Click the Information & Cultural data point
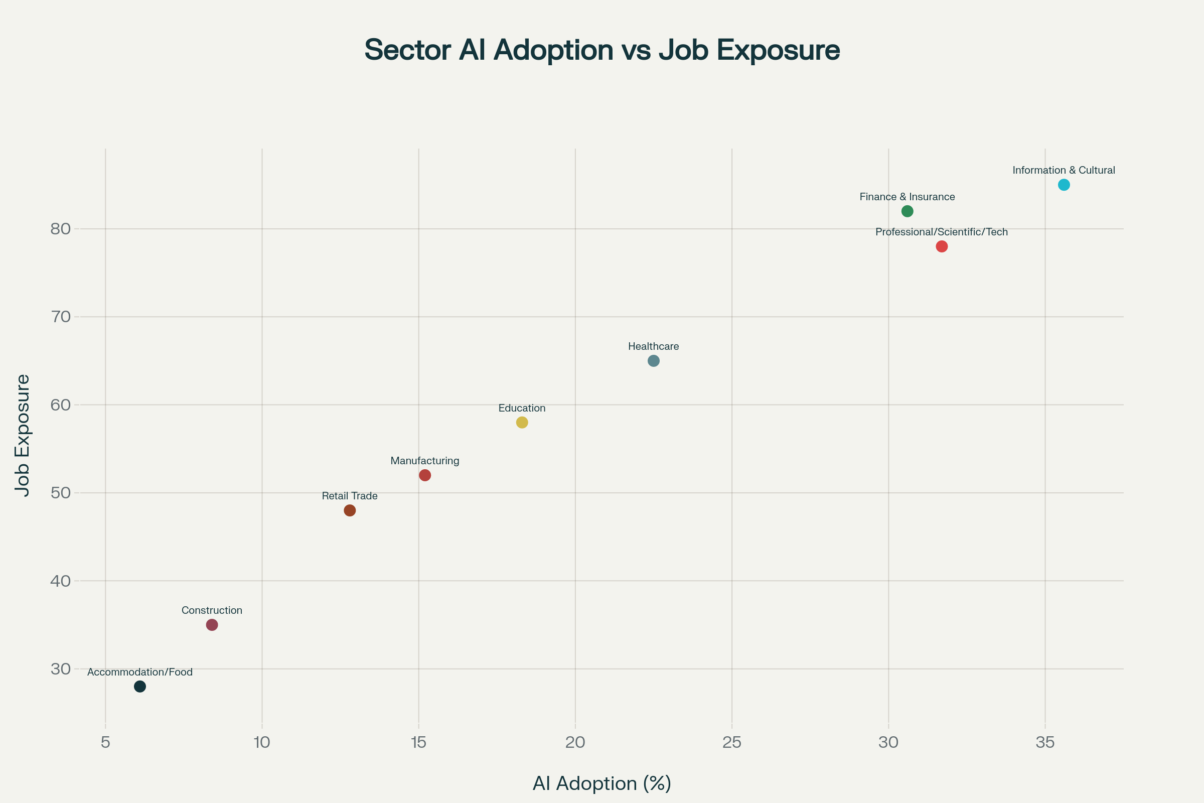[1064, 185]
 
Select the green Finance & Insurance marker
[907, 211]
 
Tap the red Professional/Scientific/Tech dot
[942, 246]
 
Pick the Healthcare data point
[654, 361]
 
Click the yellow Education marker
[522, 423]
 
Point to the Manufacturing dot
[425, 475]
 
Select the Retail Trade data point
[350, 510]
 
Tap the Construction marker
[212, 625]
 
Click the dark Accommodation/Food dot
[140, 687]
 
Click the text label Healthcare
[653, 347]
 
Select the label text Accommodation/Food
[140, 673]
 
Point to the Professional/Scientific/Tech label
[942, 232]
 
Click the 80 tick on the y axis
[60, 229]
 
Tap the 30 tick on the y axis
[60, 669]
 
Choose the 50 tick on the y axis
[60, 493]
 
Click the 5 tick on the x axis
[105, 743]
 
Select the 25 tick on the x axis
[731, 743]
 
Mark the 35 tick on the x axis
[1045, 743]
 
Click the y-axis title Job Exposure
[23, 435]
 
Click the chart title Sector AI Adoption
[602, 50]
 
